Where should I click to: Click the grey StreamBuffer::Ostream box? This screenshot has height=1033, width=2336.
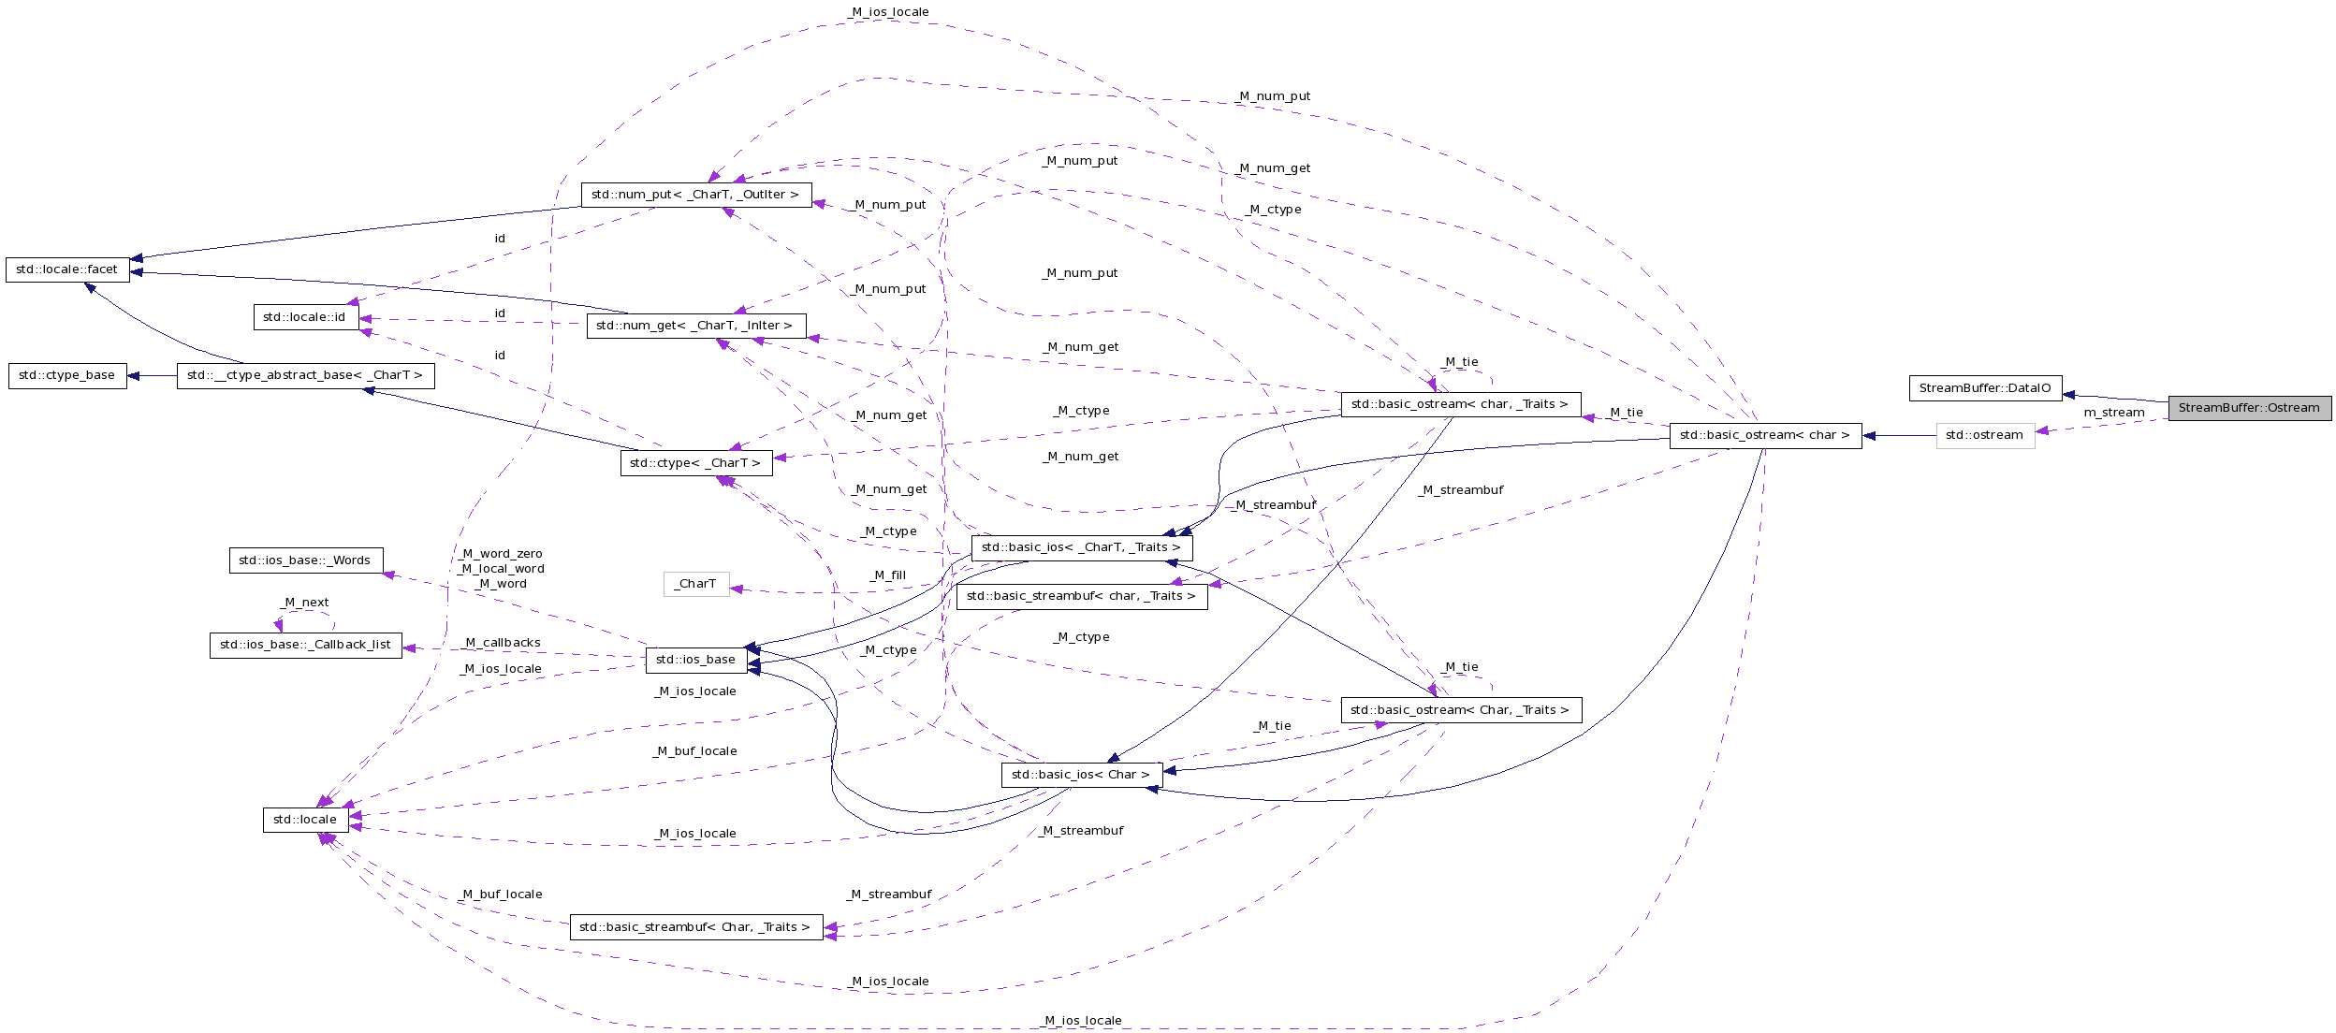tap(2249, 408)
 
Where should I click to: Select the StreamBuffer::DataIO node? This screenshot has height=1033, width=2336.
tap(1984, 388)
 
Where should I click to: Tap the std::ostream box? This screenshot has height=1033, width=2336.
tap(1984, 435)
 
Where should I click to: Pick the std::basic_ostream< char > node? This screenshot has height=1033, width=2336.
tap(1764, 435)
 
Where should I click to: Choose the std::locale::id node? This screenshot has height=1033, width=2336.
tap(304, 317)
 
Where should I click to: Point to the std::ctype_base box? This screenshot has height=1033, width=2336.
tap(66, 375)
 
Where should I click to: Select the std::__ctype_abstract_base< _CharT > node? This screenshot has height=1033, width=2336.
tap(305, 375)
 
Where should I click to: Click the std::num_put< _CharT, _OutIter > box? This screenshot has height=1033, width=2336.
tap(695, 195)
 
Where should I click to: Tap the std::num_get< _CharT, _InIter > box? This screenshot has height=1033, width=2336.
tap(694, 326)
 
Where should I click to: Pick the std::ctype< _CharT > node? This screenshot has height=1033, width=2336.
tap(695, 463)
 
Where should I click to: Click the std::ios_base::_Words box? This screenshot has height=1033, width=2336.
tap(305, 560)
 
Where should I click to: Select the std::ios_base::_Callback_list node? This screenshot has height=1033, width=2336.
tap(305, 645)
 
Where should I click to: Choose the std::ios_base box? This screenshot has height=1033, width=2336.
tap(695, 660)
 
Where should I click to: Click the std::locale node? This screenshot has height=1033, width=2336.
tap(305, 820)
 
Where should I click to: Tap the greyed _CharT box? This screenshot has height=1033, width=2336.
tap(695, 584)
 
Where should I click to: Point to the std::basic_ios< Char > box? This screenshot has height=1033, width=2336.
tap(1081, 775)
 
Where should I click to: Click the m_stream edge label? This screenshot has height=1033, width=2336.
tap(2113, 413)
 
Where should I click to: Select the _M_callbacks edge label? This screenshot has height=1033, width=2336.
tap(503, 643)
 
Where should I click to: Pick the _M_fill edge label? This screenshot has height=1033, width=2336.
tap(888, 575)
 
